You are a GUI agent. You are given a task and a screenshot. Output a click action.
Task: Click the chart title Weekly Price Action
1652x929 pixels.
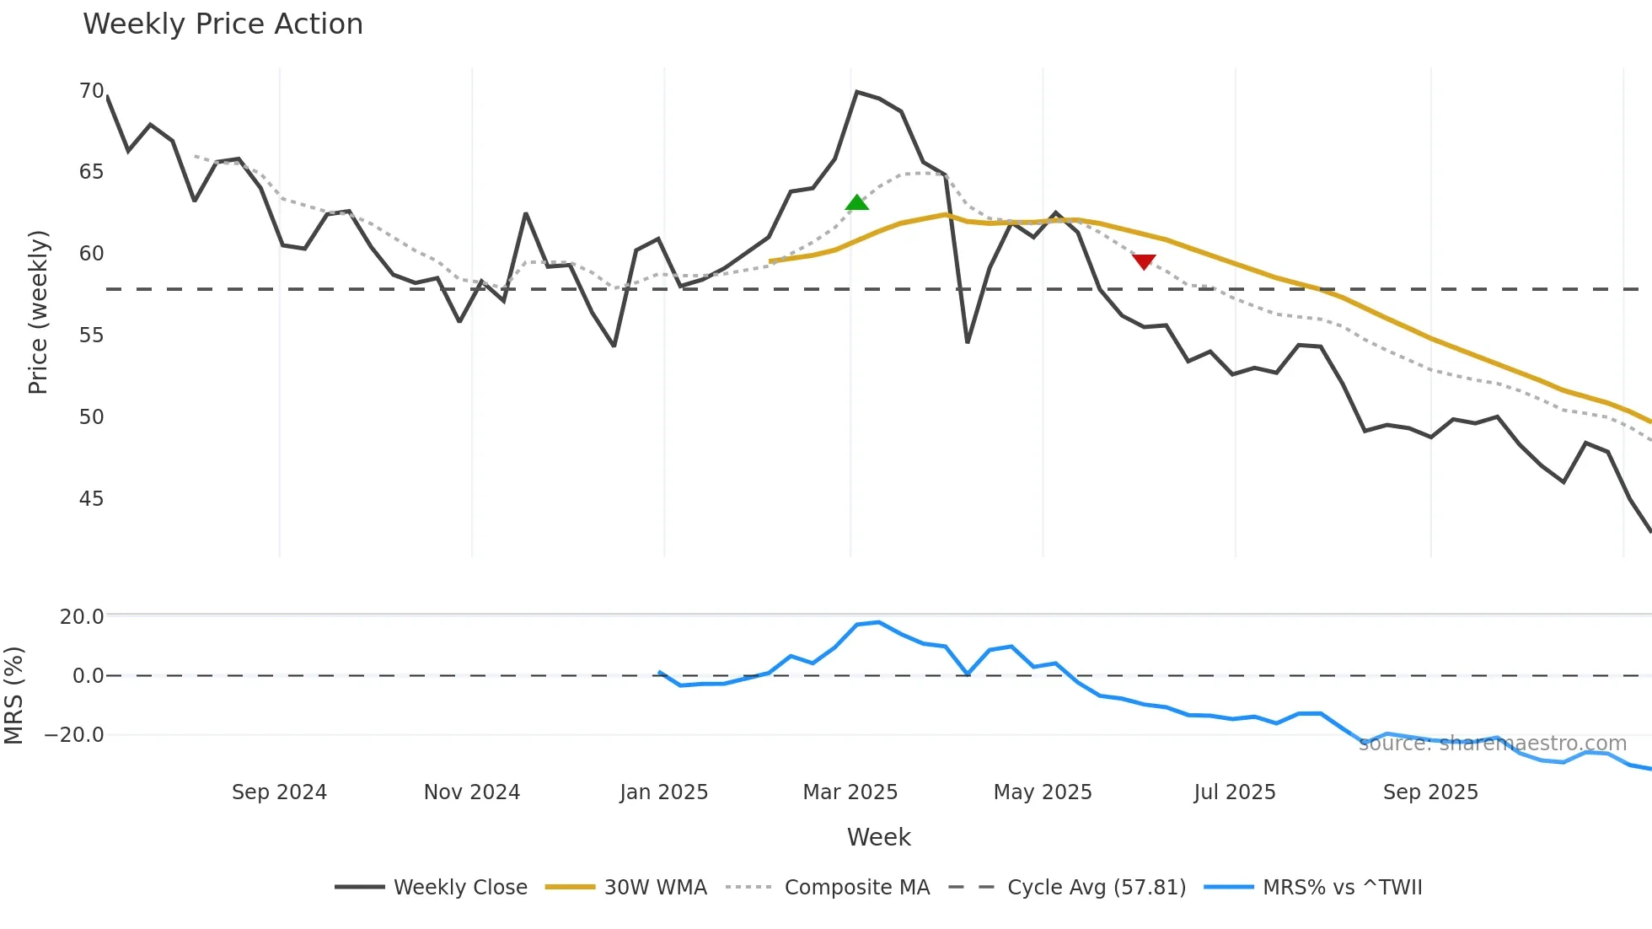(x=223, y=24)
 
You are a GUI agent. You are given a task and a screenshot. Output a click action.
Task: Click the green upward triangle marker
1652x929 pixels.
(x=856, y=203)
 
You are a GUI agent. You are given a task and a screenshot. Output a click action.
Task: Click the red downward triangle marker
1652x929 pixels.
(x=1144, y=262)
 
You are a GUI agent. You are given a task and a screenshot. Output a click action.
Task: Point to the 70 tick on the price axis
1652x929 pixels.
(x=91, y=91)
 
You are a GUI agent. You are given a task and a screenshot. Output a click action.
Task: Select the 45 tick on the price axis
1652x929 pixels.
(x=91, y=499)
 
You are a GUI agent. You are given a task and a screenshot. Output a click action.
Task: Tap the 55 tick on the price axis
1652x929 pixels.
(x=91, y=336)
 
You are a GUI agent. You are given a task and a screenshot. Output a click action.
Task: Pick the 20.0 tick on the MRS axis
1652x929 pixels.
(x=81, y=617)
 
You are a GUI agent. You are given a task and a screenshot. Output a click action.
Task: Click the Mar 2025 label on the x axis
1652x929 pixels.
(x=850, y=792)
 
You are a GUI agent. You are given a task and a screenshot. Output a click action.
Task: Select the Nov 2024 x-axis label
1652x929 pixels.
(x=471, y=792)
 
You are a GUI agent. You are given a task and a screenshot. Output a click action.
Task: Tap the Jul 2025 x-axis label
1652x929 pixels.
(x=1234, y=792)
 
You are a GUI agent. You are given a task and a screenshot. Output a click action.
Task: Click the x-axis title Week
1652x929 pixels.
(x=878, y=837)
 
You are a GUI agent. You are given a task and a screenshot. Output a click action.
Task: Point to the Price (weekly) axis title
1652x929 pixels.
(x=38, y=312)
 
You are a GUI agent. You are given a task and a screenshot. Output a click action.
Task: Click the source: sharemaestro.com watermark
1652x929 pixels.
(x=1492, y=744)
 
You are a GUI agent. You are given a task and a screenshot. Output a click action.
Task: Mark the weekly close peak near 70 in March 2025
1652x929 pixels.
(x=856, y=92)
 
